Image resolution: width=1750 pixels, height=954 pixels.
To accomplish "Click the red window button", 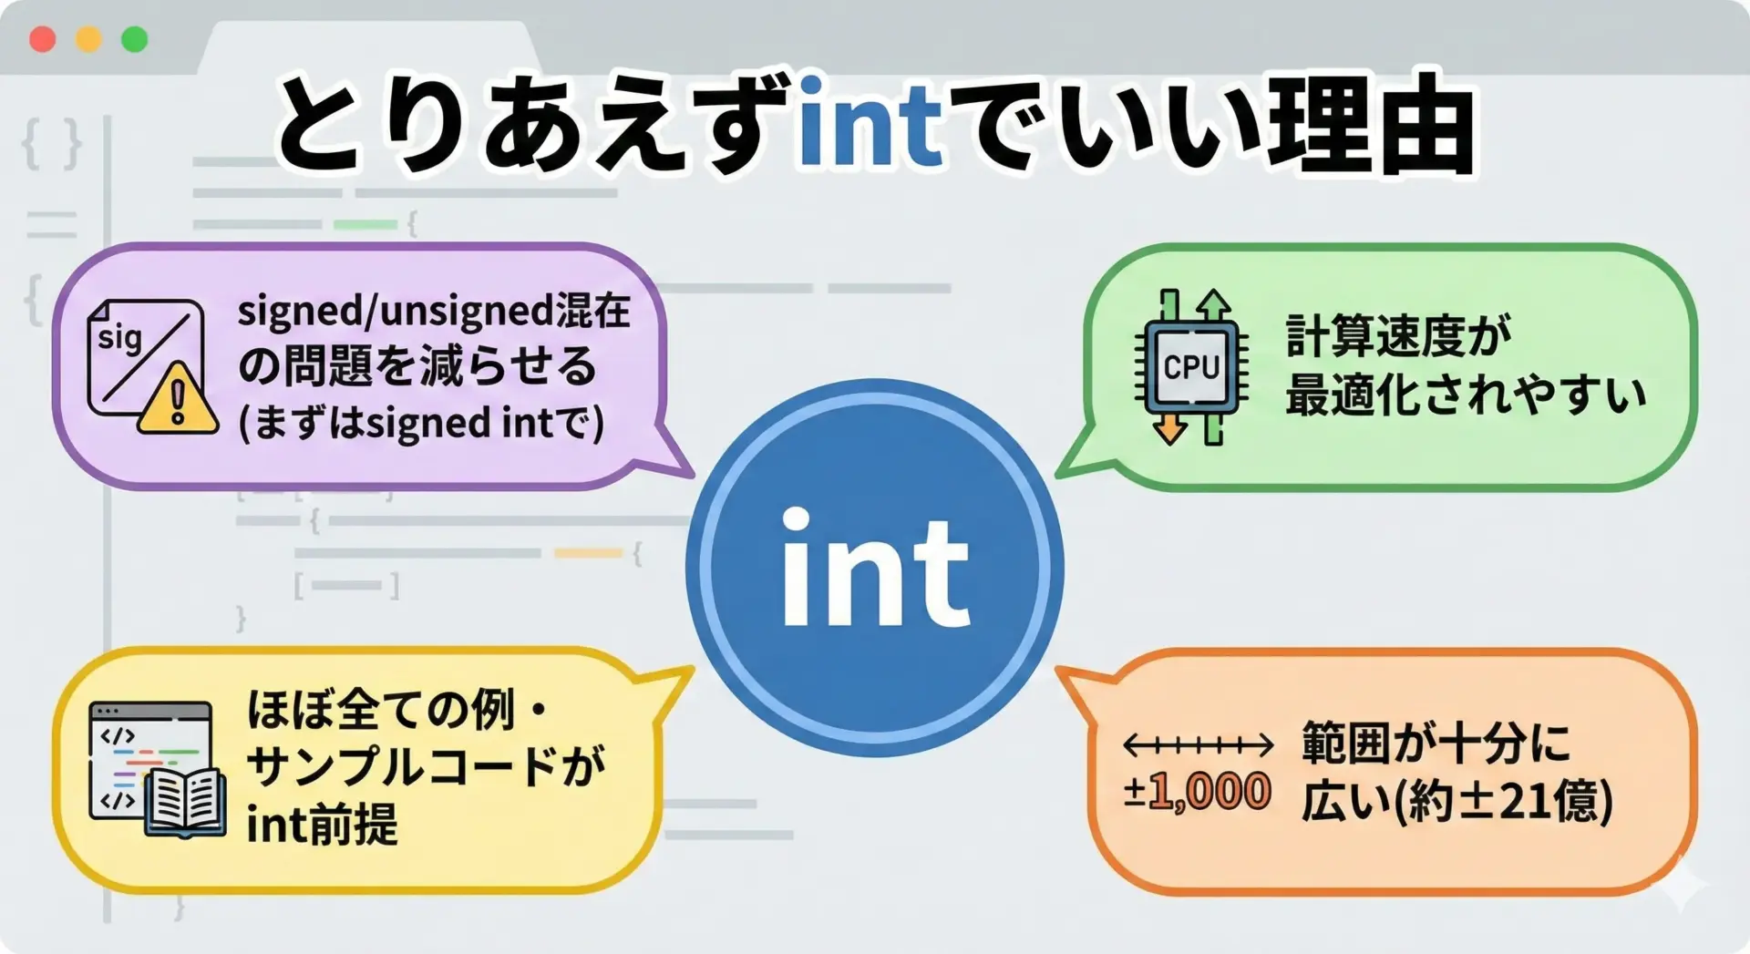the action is click(43, 39).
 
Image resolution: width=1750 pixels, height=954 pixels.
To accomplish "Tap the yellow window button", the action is click(88, 39).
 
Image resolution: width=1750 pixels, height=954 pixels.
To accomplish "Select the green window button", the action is click(135, 39).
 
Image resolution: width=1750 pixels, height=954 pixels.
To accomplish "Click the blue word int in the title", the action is click(870, 124).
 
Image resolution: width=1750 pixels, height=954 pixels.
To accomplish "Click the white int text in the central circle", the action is click(875, 567).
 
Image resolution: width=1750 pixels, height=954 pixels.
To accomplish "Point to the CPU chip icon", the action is click(1191, 366).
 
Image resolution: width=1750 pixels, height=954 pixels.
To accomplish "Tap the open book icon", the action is click(186, 803).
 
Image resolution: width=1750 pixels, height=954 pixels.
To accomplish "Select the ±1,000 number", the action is click(1197, 791).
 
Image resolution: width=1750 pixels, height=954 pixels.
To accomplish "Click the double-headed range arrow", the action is click(1198, 745).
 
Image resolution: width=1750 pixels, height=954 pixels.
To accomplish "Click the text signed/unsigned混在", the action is click(434, 312).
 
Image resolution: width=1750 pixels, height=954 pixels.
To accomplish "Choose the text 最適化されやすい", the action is click(1466, 395).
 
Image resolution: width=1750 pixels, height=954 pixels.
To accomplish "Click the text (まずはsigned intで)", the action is click(421, 423).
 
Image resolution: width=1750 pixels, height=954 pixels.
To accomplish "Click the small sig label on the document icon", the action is click(119, 337).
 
